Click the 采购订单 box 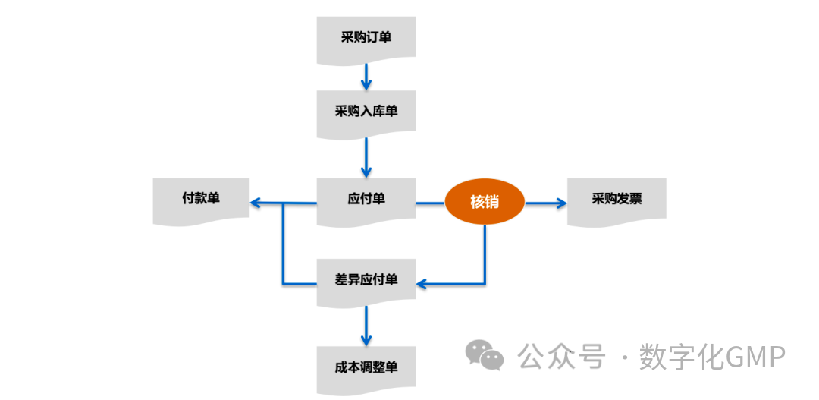366,37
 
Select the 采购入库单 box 366,112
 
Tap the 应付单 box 366,200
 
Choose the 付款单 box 201,199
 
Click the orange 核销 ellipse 485,202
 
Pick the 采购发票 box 617,200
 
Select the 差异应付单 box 366,280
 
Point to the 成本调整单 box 366,368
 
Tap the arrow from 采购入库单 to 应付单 366,157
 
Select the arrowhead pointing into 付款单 256,203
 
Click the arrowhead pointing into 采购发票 561,203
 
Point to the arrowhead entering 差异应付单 422,284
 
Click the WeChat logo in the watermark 484,355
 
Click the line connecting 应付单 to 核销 430,203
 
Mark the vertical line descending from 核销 485,254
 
